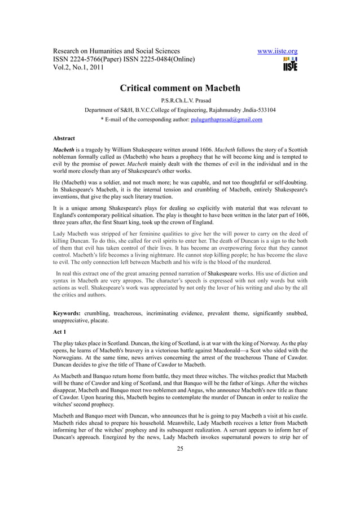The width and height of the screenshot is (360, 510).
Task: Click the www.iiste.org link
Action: [x=277, y=51]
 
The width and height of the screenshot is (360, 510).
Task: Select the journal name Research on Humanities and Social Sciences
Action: [x=116, y=51]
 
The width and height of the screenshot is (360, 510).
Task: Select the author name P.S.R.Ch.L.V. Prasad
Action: [x=180, y=101]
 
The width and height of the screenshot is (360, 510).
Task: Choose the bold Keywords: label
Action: [x=67, y=312]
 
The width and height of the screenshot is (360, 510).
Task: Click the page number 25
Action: [x=180, y=449]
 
